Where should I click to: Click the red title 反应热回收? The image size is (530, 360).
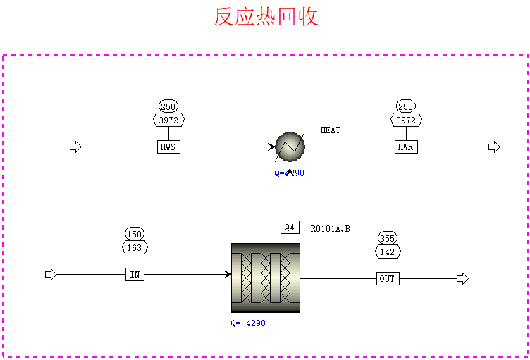tap(266, 17)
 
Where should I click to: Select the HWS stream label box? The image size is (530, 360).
tap(168, 147)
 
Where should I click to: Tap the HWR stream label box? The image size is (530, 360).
tap(406, 147)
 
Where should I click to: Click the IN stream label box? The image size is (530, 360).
tap(135, 274)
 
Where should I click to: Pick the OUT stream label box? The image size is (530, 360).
tap(388, 279)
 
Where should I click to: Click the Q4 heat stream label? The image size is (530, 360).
tap(290, 227)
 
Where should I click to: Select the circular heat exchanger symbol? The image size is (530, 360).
tap(290, 147)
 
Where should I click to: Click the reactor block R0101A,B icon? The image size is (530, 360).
tap(266, 278)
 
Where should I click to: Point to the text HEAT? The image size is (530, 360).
tap(330, 130)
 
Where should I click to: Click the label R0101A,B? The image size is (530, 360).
tap(330, 228)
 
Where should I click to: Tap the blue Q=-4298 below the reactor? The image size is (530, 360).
tap(248, 323)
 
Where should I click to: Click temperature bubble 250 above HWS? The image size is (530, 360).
tap(168, 107)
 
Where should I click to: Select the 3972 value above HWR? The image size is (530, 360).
tap(406, 120)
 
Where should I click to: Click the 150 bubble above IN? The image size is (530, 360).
tap(135, 234)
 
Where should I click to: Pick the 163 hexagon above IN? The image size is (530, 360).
tap(135, 247)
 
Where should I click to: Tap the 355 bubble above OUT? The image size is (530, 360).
tap(388, 238)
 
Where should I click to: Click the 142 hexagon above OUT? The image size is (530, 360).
tap(388, 252)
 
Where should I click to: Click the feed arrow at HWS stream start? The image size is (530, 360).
tap(75, 147)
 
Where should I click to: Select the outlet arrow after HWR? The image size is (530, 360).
tap(494, 147)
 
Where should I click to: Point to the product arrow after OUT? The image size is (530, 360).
tap(462, 279)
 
